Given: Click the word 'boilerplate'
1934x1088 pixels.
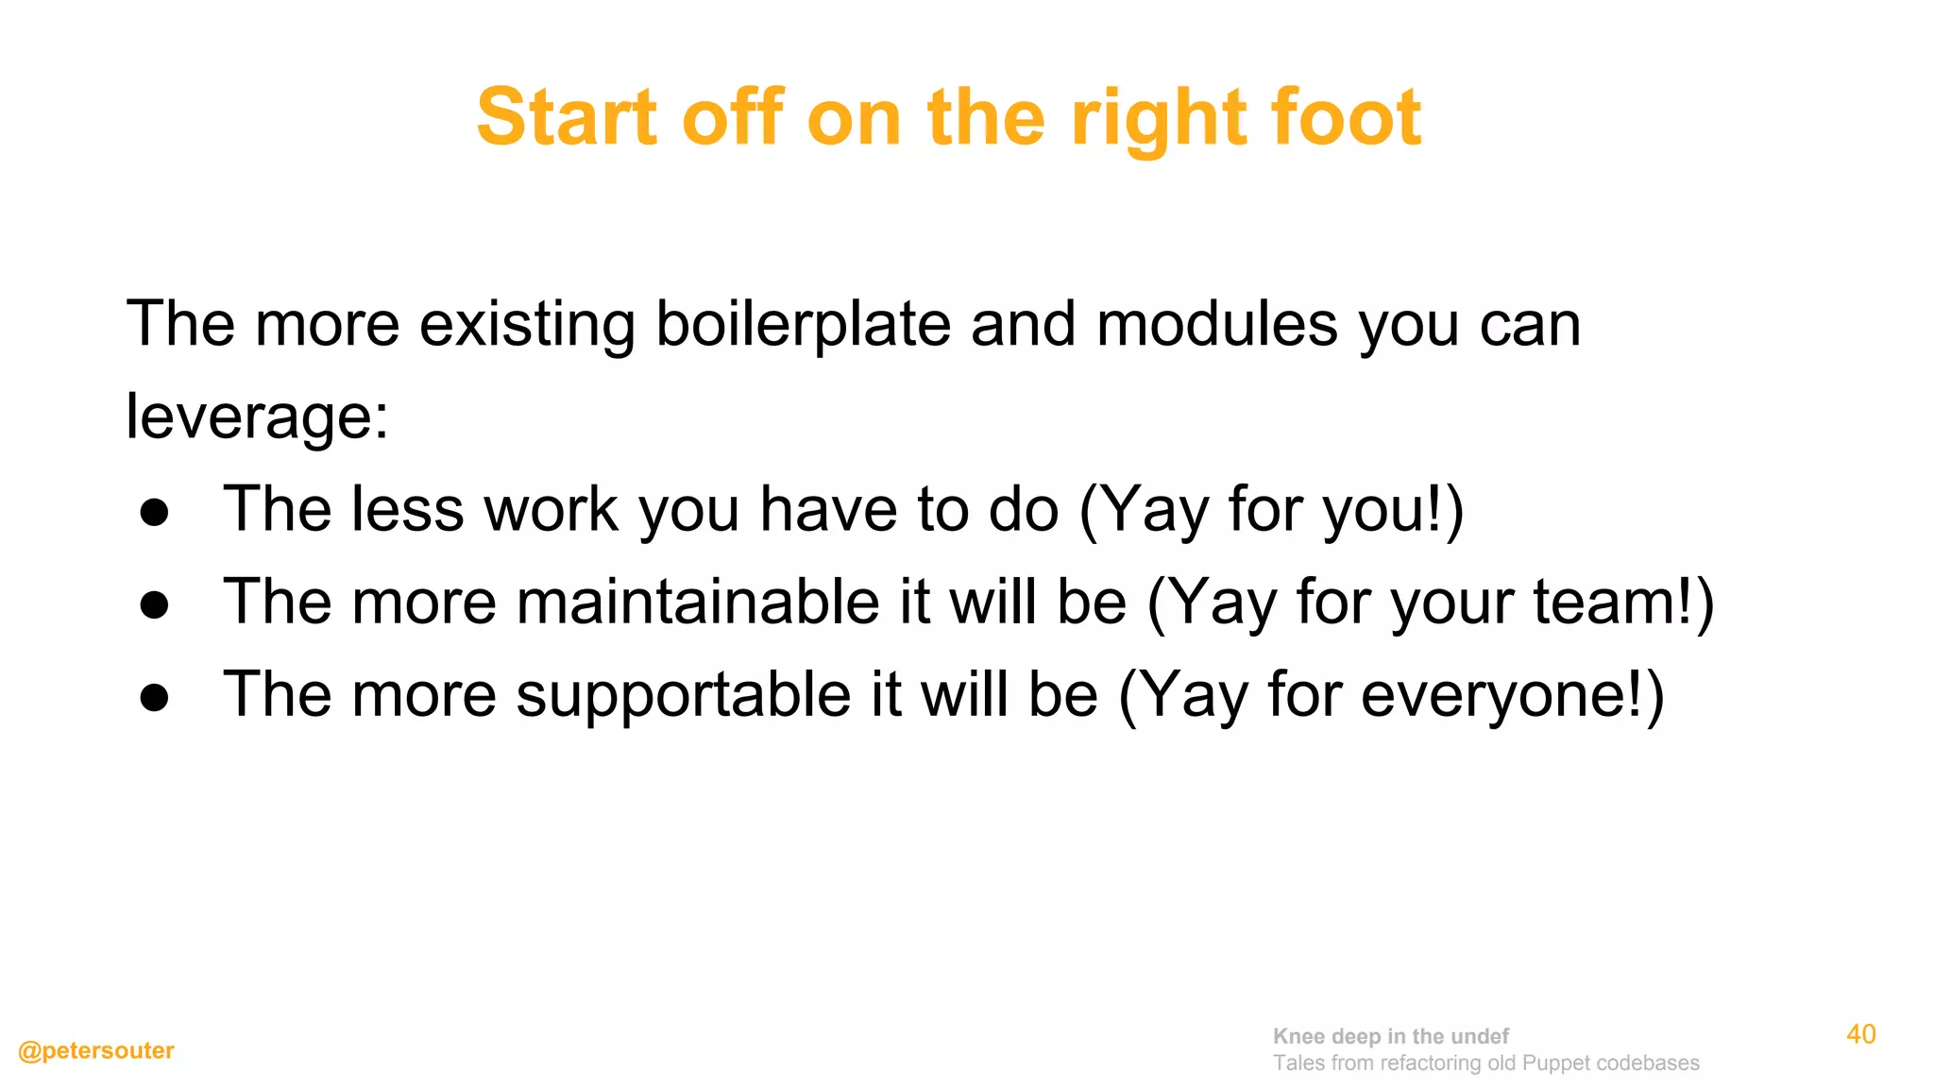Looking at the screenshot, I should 803,324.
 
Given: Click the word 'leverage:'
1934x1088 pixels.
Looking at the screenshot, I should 257,416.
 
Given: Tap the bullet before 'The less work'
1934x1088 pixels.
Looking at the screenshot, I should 154,512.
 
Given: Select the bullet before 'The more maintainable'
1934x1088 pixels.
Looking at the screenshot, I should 154,604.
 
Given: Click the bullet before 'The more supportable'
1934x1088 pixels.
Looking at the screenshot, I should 154,697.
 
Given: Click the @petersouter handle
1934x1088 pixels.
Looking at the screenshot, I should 96,1050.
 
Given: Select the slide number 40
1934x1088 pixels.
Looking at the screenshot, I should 1860,1034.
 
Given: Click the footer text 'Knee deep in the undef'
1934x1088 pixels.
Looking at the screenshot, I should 1390,1036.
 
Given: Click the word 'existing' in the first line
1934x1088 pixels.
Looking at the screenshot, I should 527,324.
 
